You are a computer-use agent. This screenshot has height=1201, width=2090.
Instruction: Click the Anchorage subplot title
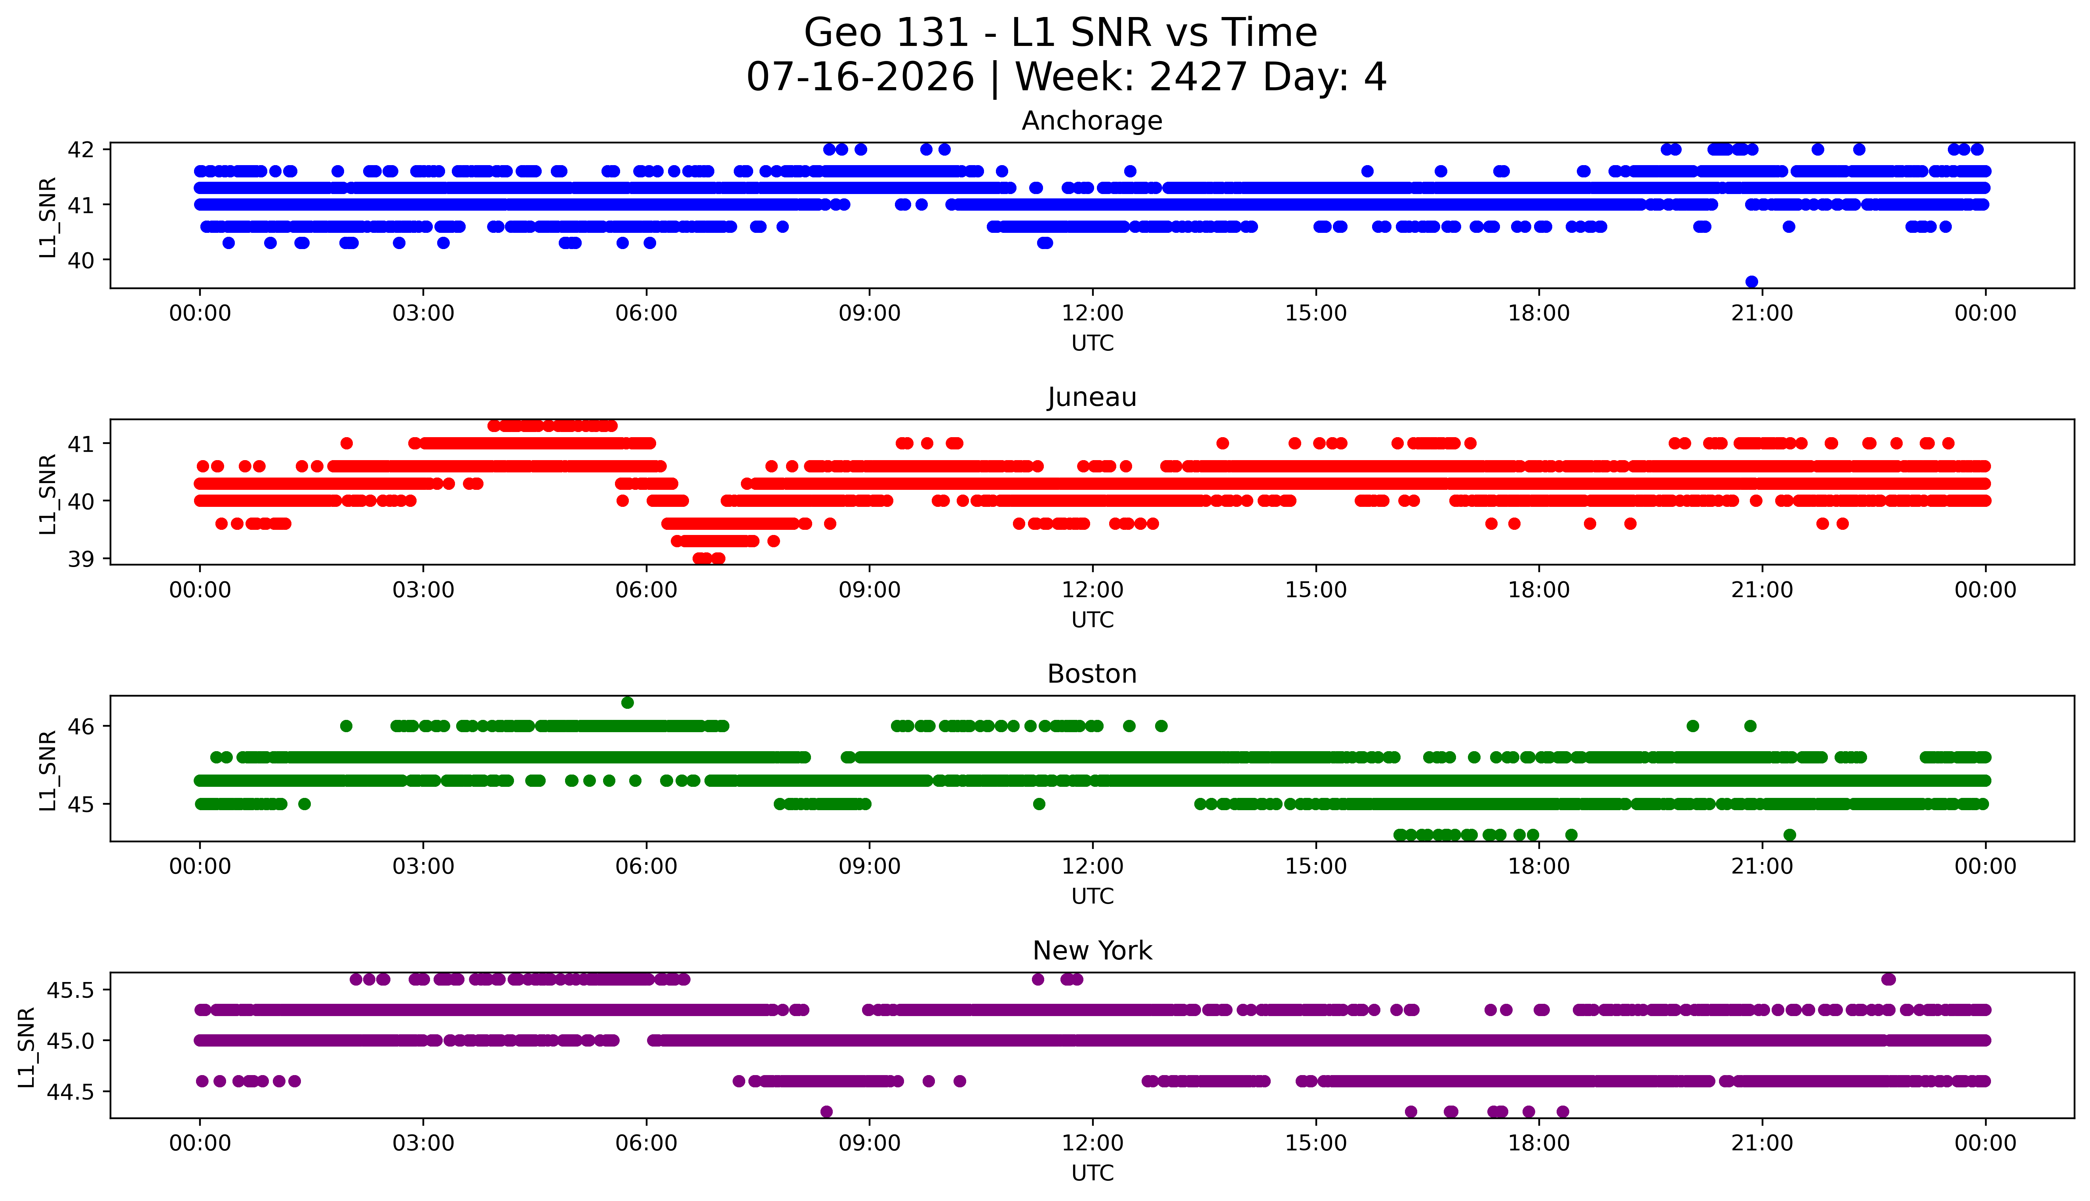click(1092, 121)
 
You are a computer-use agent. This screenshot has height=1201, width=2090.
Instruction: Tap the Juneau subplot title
click(1092, 398)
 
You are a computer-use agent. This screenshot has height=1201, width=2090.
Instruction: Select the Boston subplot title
click(1092, 674)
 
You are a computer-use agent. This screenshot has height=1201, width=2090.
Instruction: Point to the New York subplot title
click(1092, 951)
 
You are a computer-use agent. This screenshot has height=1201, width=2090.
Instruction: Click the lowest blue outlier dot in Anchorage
click(1752, 281)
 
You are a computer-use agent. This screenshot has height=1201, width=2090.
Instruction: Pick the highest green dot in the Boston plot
click(628, 703)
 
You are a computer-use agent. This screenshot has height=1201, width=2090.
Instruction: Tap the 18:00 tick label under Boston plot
click(1539, 866)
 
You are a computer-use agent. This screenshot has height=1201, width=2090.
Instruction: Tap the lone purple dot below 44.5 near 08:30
click(826, 1112)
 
